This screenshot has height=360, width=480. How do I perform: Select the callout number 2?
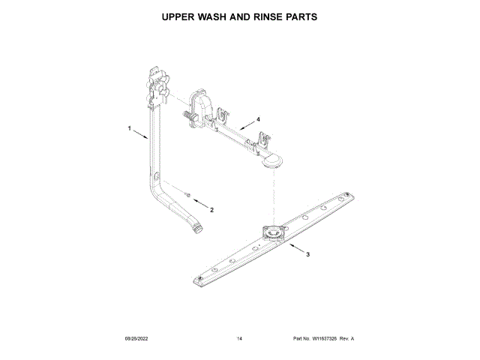tap(211, 210)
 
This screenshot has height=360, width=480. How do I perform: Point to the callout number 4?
tap(258, 118)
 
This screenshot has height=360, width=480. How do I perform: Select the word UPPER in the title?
tap(182, 16)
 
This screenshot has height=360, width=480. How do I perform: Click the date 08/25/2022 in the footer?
tap(135, 339)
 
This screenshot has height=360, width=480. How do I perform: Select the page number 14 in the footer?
tap(239, 339)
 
